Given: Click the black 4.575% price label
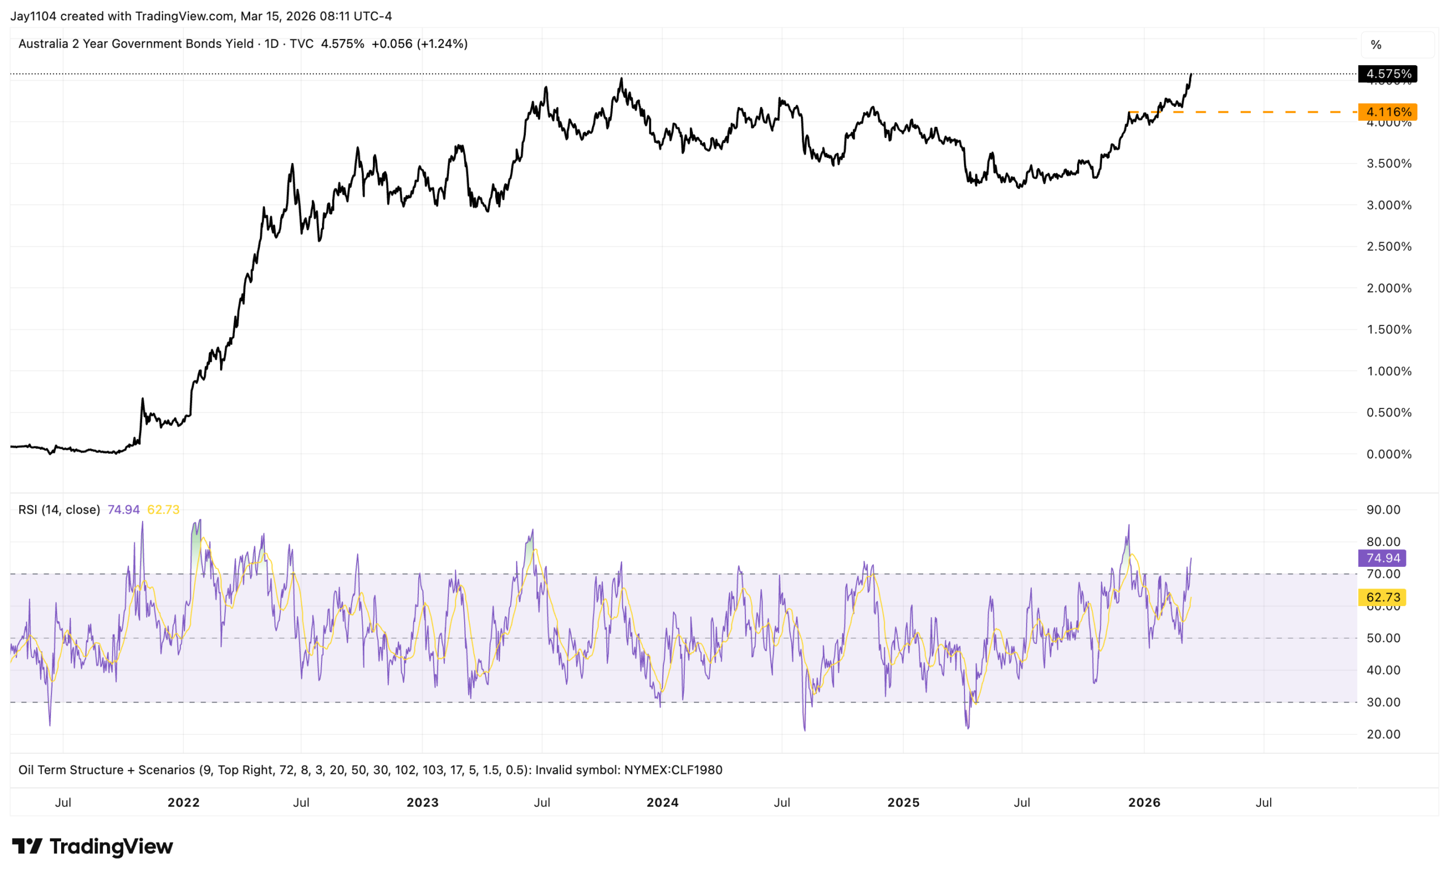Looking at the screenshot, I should click(x=1388, y=74).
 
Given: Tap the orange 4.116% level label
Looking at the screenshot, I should click(x=1388, y=111).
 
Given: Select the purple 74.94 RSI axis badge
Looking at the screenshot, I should click(x=1383, y=558).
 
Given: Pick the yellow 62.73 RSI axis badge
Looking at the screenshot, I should click(x=1383, y=597).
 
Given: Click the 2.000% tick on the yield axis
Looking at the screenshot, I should click(x=1388, y=288).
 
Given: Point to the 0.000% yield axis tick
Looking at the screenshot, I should click(x=1388, y=454).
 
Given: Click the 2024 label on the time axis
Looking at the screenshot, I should click(x=662, y=802).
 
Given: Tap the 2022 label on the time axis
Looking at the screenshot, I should click(x=183, y=802).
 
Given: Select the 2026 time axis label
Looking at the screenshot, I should click(x=1144, y=802).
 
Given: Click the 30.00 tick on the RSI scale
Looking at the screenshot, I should click(x=1383, y=702).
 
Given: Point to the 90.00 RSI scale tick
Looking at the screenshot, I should click(x=1383, y=510).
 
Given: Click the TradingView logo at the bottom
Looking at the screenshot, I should click(x=92, y=846).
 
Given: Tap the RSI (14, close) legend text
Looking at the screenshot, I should click(x=59, y=510).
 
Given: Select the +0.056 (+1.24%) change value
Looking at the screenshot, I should click(x=419, y=44).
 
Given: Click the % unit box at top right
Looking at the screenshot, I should click(x=1376, y=45).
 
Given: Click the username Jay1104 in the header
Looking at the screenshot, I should click(x=33, y=16).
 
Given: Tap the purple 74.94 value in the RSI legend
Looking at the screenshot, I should click(x=123, y=510).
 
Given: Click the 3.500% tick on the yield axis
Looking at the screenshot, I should click(x=1388, y=164).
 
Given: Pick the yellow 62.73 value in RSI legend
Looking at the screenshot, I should click(x=163, y=510).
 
